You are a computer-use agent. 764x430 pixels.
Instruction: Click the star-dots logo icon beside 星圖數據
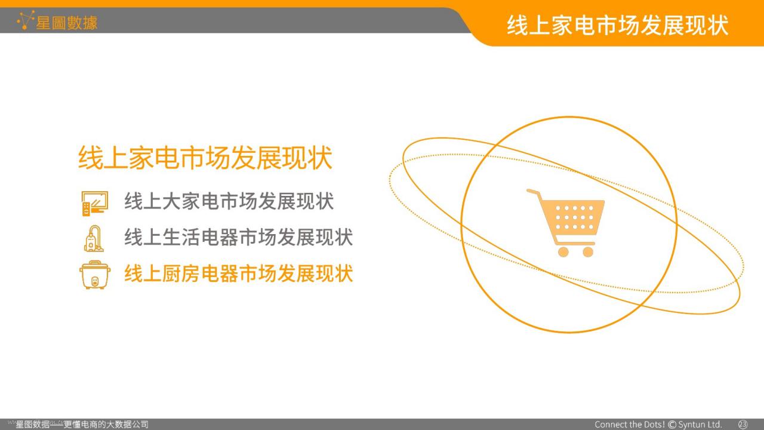pyautogui.click(x=26, y=20)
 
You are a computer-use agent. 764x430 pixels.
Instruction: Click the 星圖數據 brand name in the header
pyautogui.click(x=67, y=23)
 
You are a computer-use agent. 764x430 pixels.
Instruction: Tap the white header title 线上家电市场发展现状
pyautogui.click(x=617, y=25)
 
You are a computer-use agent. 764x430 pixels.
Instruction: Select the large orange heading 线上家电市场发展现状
pyautogui.click(x=205, y=158)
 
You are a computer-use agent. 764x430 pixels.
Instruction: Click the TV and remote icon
pyautogui.click(x=95, y=204)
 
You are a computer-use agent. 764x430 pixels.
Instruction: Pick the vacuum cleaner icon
pyautogui.click(x=94, y=238)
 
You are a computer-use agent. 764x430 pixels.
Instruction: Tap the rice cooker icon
pyautogui.click(x=95, y=275)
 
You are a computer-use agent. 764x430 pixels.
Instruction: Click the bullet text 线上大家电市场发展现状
pyautogui.click(x=229, y=201)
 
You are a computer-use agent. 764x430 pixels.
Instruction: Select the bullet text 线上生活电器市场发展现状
pyautogui.click(x=238, y=237)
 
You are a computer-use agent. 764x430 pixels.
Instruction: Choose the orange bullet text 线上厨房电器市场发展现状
pyautogui.click(x=238, y=274)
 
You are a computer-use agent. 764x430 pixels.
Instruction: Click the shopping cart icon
pyautogui.click(x=565, y=223)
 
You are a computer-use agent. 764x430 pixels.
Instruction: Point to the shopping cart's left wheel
pyautogui.click(x=563, y=252)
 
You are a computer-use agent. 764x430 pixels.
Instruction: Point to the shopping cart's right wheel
pyautogui.click(x=588, y=252)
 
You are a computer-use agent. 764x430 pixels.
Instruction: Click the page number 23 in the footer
pyautogui.click(x=743, y=424)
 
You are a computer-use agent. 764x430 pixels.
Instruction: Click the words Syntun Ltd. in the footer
pyautogui.click(x=700, y=425)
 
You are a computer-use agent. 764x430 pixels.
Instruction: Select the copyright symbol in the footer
pyautogui.click(x=672, y=425)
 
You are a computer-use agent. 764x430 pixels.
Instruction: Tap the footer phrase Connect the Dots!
pyautogui.click(x=630, y=425)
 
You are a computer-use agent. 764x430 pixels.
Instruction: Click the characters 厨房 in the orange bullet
pyautogui.click(x=181, y=274)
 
